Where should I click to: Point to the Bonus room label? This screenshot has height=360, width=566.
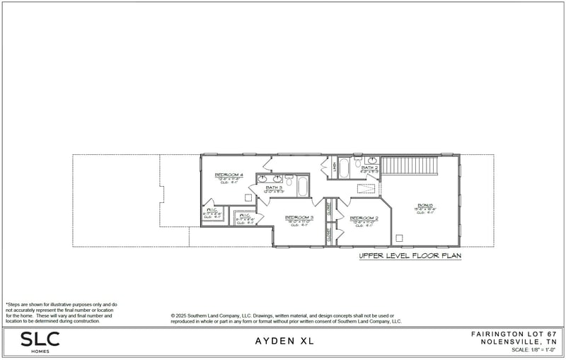pos(424,206)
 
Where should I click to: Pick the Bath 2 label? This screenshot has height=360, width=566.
pos(370,168)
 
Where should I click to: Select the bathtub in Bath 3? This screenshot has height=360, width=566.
pos(302,187)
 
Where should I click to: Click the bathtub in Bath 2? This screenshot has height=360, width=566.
pos(344,168)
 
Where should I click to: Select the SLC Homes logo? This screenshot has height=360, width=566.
pos(40,341)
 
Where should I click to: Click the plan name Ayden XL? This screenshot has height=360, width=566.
pos(283,341)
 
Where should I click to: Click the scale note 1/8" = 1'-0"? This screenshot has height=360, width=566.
pos(531,349)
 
